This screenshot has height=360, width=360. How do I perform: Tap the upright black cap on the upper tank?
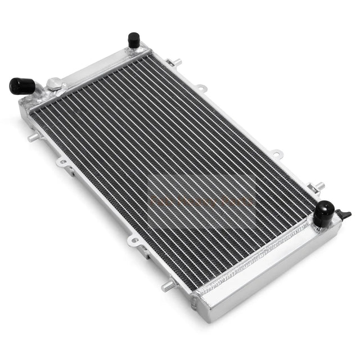pyautogui.click(x=134, y=40)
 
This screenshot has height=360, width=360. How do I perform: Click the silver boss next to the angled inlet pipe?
pyautogui.click(x=53, y=84)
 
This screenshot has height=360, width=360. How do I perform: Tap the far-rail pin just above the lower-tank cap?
pyautogui.click(x=318, y=186)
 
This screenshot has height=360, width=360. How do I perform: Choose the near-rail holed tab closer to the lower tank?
pyautogui.click(x=134, y=241)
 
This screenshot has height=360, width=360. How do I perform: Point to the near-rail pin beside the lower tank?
pyautogui.click(x=167, y=286)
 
